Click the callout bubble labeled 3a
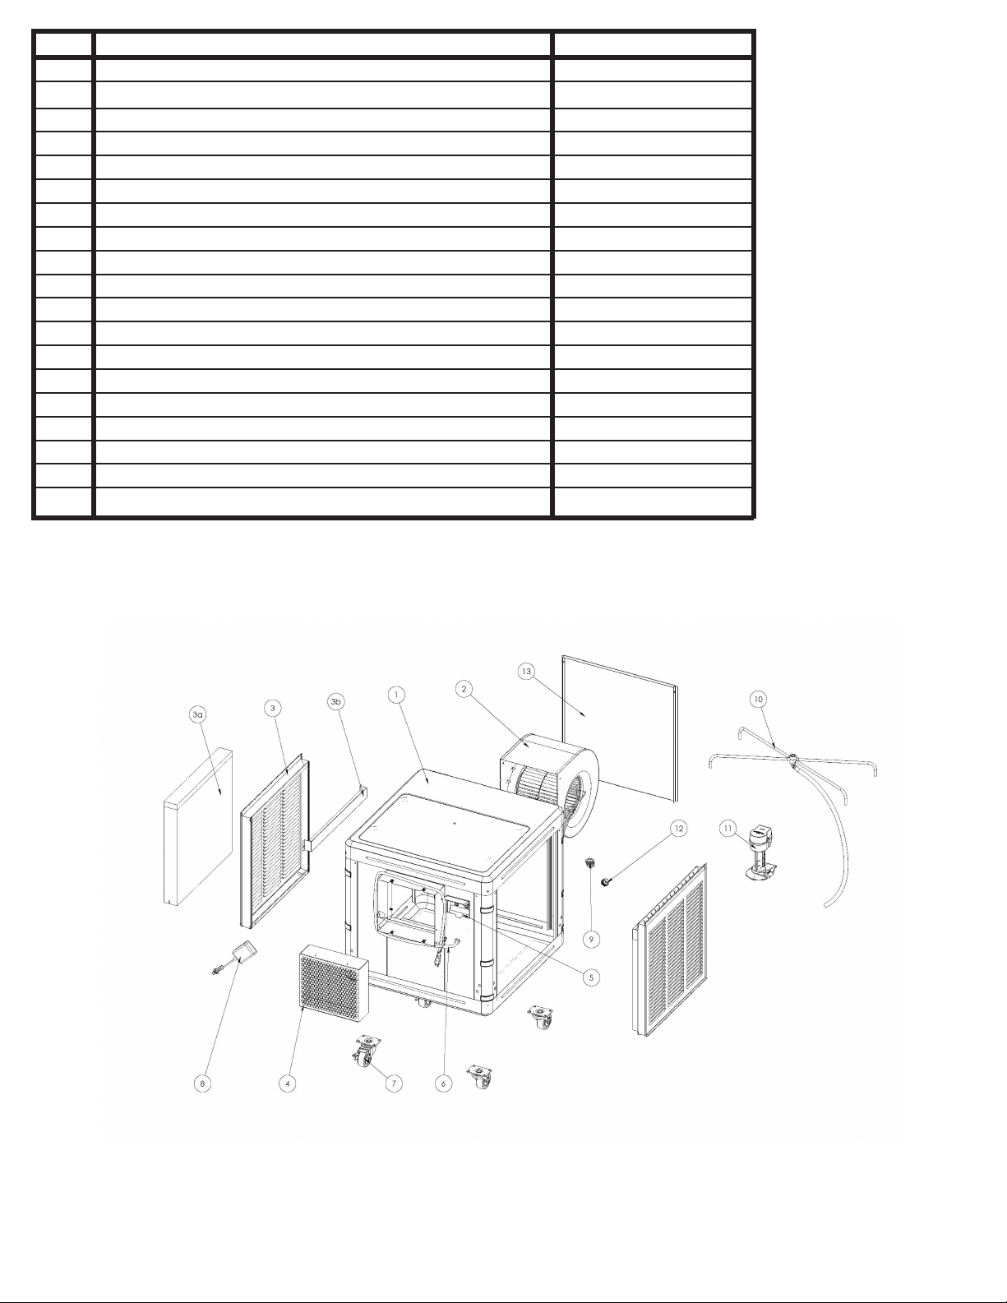[197, 715]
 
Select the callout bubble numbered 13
[528, 672]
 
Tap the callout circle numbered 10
[758, 699]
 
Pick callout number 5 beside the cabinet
[591, 977]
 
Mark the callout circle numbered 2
[464, 689]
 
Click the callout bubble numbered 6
[443, 1083]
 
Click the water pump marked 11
[760, 855]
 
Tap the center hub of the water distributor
[794, 758]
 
